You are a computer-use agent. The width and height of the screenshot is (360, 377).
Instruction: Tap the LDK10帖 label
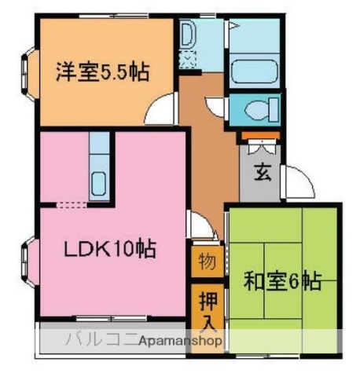[x=109, y=251]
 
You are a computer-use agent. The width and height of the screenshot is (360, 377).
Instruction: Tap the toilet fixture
[x=255, y=108]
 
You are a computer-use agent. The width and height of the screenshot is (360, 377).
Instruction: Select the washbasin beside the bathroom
[x=189, y=35]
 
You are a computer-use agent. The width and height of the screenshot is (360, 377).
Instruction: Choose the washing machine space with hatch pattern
[x=189, y=60]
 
